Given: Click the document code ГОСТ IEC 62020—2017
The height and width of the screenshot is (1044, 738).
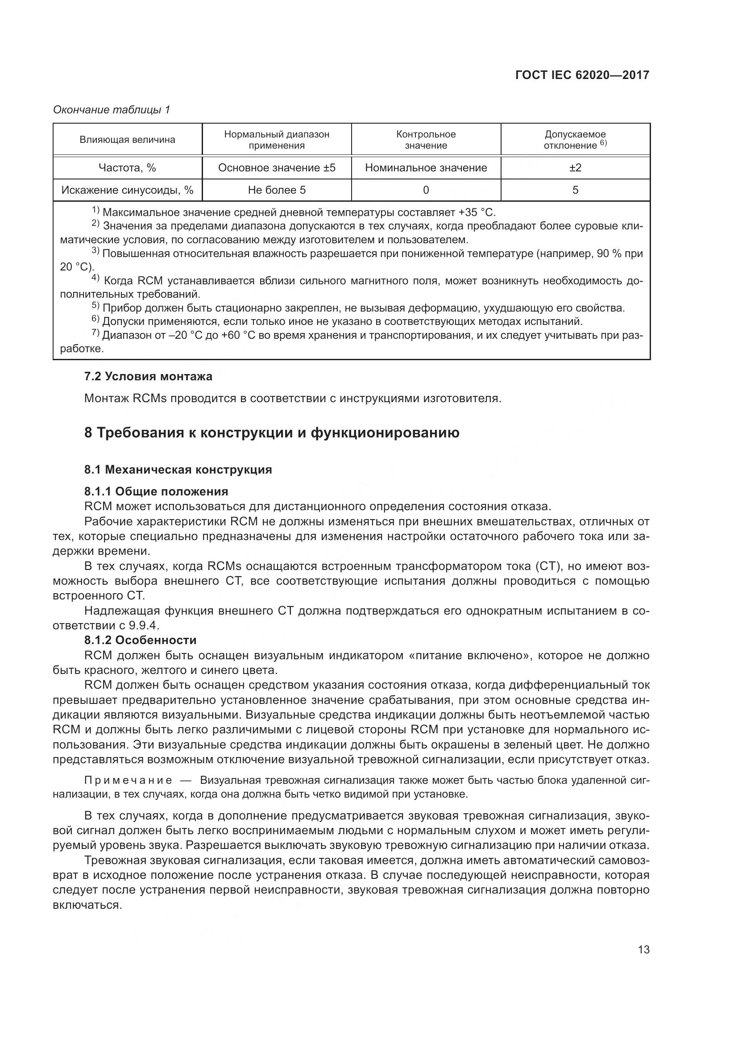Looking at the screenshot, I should (x=582, y=75).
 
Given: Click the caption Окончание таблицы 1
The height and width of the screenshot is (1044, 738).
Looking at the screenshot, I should (x=112, y=110).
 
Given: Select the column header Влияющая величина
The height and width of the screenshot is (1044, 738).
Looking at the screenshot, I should (x=127, y=140).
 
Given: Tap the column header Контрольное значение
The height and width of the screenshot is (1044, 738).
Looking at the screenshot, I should (x=426, y=140).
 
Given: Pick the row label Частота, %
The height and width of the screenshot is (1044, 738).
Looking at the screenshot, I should (x=127, y=168).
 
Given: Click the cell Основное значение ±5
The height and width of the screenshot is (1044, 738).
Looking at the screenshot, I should (x=277, y=168).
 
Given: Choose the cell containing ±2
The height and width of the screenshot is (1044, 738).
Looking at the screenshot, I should (x=575, y=168).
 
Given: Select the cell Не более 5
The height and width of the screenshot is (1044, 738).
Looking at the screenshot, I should (x=277, y=190).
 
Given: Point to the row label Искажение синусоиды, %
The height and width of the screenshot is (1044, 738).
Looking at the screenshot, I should (x=127, y=190).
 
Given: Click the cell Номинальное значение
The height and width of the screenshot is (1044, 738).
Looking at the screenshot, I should (x=426, y=168).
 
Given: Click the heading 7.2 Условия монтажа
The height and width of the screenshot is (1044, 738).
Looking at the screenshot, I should (x=148, y=377).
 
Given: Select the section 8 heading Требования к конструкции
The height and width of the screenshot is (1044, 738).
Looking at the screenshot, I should (x=271, y=433).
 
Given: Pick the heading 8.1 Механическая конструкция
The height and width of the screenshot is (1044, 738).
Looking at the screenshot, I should (x=178, y=470).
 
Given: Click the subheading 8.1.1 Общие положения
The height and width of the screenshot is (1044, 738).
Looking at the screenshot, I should (x=156, y=491).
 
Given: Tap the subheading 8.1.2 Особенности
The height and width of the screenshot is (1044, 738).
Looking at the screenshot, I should (x=140, y=640).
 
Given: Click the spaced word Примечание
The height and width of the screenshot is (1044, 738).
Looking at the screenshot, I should (x=128, y=781).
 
